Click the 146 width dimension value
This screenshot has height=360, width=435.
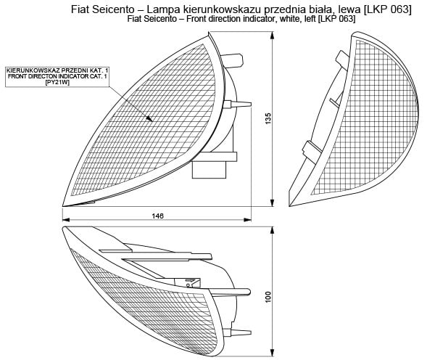coord(158,216)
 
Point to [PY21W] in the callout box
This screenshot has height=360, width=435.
coord(57,82)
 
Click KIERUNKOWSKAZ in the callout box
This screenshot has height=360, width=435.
coord(34,70)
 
